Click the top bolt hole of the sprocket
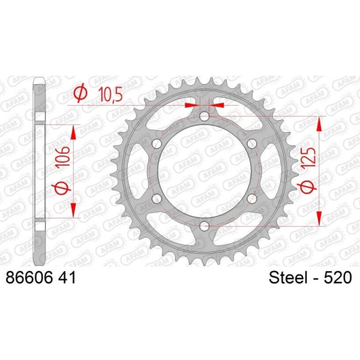pyautogui.click(x=204, y=116)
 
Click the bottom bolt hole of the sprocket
pyautogui.click(x=204, y=226)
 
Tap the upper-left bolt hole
pyautogui.click(x=157, y=144)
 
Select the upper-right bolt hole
pyautogui.click(x=252, y=144)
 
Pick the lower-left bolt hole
pyautogui.click(x=157, y=199)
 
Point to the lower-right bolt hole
pyautogui.click(x=252, y=199)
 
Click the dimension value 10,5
pyautogui.click(x=110, y=94)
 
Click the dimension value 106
pyautogui.click(x=63, y=157)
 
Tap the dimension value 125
pyautogui.click(x=309, y=158)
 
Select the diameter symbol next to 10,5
pyautogui.click(x=80, y=94)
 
